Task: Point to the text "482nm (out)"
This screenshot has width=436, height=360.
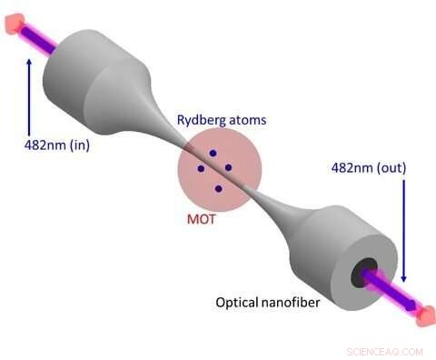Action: point(368,168)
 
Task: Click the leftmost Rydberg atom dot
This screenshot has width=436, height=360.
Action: point(201,169)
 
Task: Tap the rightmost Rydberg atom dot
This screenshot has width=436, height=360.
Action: point(228,166)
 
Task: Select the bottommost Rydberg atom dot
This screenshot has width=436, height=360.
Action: point(218,188)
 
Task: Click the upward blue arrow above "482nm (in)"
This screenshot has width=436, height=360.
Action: point(29,91)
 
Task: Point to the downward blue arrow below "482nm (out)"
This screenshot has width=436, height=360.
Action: point(402,227)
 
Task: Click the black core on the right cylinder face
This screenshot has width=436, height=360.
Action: point(368,270)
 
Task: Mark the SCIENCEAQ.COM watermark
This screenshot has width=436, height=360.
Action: point(384,351)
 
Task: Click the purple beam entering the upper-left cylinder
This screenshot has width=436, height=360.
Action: point(41,36)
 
